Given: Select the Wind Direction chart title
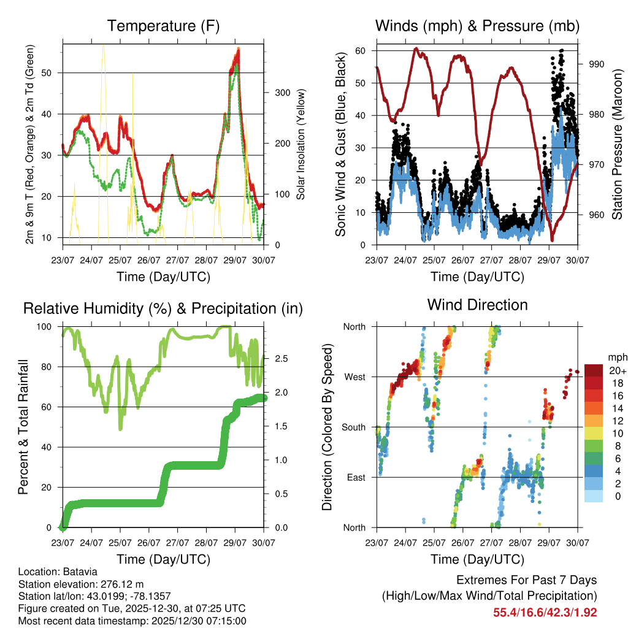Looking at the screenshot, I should (x=477, y=304).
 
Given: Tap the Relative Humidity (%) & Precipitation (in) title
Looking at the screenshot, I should (x=163, y=308).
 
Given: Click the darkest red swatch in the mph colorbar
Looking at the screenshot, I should (x=593, y=370).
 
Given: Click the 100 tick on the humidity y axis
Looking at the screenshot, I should (x=45, y=326).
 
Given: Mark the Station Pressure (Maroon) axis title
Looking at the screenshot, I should (x=617, y=144).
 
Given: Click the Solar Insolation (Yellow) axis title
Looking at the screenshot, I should (x=301, y=144).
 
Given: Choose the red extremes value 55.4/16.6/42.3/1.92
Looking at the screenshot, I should (x=545, y=612).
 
